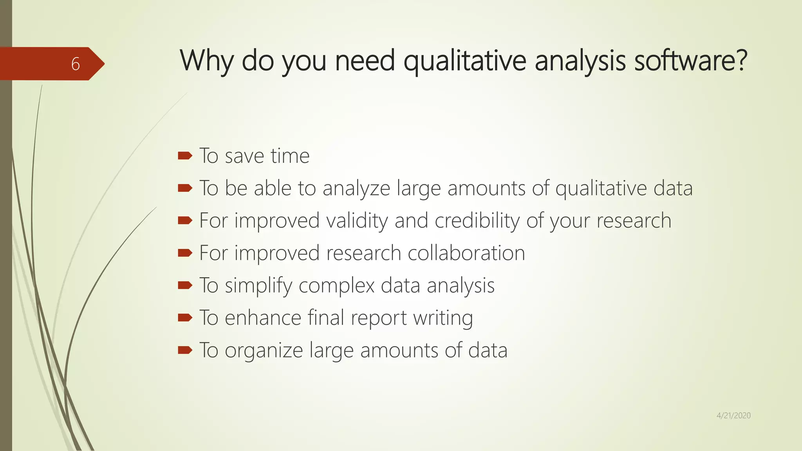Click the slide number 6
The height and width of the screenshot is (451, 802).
click(x=76, y=64)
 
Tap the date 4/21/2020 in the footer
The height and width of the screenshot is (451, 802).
click(x=733, y=415)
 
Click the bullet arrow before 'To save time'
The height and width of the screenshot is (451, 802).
click(x=185, y=156)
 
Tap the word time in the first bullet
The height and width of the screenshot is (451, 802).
click(x=290, y=156)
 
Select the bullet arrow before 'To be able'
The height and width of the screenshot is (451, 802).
click(x=185, y=188)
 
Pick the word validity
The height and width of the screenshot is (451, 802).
click(x=357, y=220)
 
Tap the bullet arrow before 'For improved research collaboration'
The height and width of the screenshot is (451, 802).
click(x=185, y=253)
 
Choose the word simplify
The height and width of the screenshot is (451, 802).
click(x=258, y=285)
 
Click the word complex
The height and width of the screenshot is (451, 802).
click(x=336, y=285)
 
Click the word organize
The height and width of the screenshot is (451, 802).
click(x=264, y=350)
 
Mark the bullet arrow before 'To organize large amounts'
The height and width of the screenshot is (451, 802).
click(x=185, y=350)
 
